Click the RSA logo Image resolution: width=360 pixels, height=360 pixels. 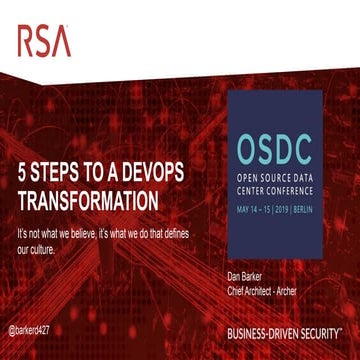(x=43, y=41)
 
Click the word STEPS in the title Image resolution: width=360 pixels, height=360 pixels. (x=60, y=172)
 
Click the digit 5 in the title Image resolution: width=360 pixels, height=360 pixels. (x=21, y=172)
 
